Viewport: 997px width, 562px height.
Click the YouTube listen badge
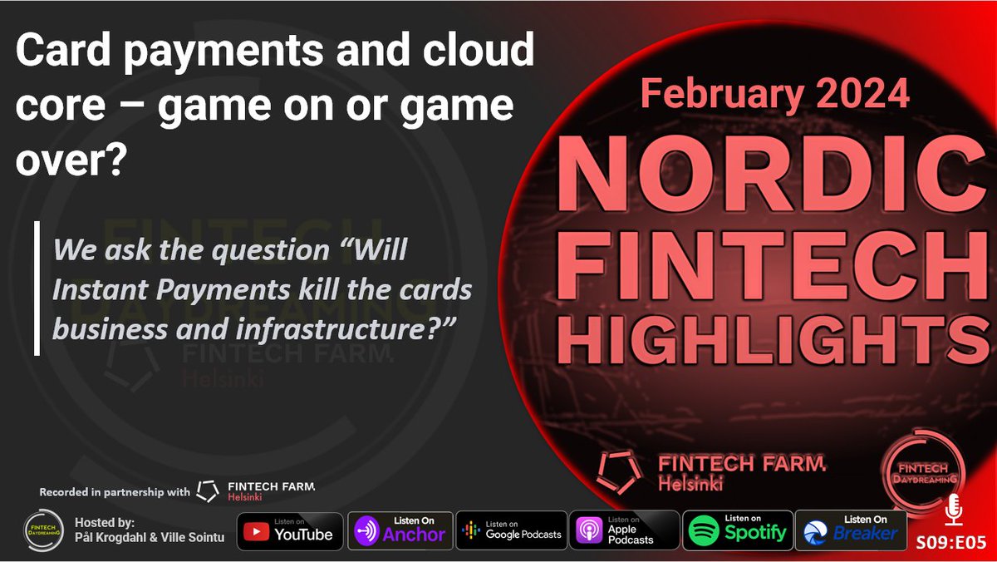pyautogui.click(x=288, y=530)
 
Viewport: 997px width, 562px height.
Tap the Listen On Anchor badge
pyautogui.click(x=400, y=530)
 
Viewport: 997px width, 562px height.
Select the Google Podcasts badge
pyautogui.click(x=511, y=530)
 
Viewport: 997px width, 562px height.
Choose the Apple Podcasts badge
pyautogui.click(x=622, y=530)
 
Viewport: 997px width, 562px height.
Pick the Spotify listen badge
pyautogui.click(x=735, y=530)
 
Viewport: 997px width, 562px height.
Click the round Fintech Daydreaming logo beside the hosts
pyautogui.click(x=41, y=531)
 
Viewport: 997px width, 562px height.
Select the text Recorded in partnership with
pyautogui.click(x=114, y=492)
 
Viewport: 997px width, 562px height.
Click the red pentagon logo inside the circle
pyautogui.click(x=619, y=471)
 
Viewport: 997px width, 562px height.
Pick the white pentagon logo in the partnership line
pyautogui.click(x=208, y=491)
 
